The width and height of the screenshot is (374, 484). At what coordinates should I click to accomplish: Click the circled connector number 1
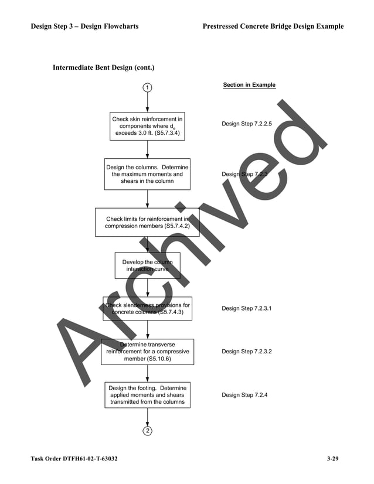(x=147, y=88)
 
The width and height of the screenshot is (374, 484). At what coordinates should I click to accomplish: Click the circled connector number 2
(x=147, y=431)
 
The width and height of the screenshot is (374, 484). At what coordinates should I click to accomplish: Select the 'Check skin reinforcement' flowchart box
(x=147, y=127)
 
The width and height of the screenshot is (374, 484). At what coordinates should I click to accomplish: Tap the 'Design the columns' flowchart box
(x=147, y=174)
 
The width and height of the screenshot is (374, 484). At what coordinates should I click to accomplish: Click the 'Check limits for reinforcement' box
(x=147, y=223)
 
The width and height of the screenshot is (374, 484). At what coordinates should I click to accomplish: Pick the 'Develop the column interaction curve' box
(x=147, y=265)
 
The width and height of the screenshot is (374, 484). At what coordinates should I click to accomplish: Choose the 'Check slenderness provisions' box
(x=147, y=309)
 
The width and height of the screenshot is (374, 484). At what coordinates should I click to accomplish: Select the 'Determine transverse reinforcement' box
(x=147, y=352)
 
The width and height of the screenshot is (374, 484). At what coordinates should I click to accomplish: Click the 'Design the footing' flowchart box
(x=147, y=395)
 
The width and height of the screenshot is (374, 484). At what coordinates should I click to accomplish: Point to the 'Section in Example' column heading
(x=249, y=85)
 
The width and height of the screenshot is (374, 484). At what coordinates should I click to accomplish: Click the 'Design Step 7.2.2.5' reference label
(x=247, y=124)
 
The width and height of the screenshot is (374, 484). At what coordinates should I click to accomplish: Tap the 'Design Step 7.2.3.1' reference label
(x=247, y=308)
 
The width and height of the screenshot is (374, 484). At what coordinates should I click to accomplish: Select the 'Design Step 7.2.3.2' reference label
(x=247, y=352)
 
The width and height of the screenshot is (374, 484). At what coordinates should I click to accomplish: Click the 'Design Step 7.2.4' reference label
(x=244, y=395)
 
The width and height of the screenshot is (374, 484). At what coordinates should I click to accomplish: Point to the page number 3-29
(x=332, y=458)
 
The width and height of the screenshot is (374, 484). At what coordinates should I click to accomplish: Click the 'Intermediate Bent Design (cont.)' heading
(x=104, y=68)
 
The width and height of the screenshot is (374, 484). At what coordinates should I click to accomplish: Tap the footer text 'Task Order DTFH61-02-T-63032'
(x=74, y=458)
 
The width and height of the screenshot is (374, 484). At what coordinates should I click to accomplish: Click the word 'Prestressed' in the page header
(x=225, y=26)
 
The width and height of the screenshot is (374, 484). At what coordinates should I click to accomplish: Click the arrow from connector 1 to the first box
(x=147, y=103)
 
